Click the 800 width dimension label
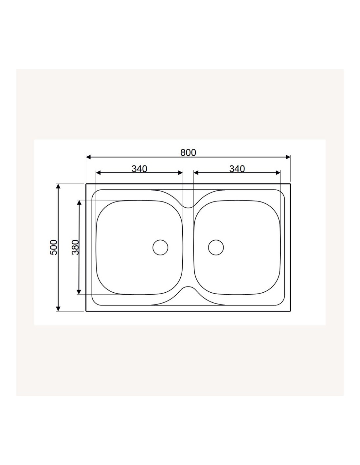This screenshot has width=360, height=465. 188,152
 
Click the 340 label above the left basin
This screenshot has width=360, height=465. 139,169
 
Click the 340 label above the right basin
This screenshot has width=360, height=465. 237,169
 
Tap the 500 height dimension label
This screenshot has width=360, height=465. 54,247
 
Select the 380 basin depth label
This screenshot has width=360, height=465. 75,247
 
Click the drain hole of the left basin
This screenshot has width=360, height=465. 160,247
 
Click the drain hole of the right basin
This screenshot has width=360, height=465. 216,247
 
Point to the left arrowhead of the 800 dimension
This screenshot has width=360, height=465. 88,157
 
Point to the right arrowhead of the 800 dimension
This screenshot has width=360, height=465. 288,157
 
